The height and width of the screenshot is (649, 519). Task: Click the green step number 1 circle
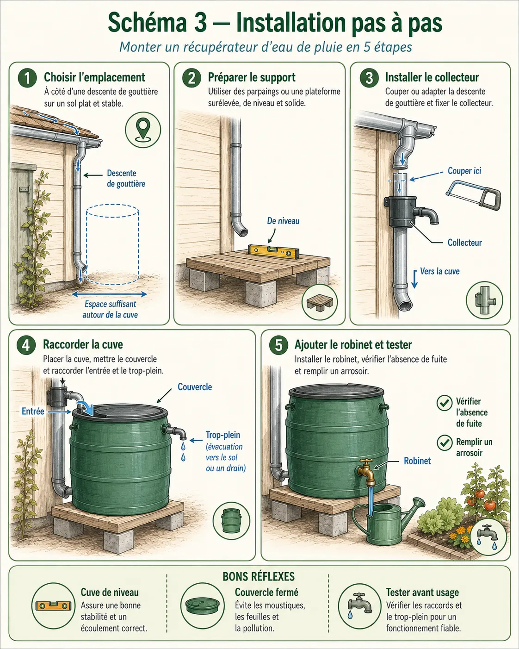click(x=27, y=78)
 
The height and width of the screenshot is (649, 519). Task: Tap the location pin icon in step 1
click(x=143, y=129)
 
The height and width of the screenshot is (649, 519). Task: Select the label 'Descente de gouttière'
click(x=126, y=179)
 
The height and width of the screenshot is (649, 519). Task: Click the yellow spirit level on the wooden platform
click(x=274, y=251)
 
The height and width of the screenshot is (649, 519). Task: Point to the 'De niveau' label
click(x=283, y=221)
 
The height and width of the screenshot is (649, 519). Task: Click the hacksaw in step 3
click(x=473, y=194)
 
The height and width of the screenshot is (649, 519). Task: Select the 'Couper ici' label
click(x=464, y=171)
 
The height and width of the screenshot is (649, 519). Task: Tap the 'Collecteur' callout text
click(x=464, y=243)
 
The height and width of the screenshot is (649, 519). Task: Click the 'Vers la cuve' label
click(x=440, y=271)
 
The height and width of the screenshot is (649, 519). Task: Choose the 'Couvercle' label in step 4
click(x=195, y=387)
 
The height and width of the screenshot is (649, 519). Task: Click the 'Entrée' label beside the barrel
click(x=33, y=412)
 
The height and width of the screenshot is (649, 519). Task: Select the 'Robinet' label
click(x=417, y=461)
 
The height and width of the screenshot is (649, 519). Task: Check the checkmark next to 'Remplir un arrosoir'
click(x=445, y=443)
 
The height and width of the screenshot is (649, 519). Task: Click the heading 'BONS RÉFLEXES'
click(x=259, y=577)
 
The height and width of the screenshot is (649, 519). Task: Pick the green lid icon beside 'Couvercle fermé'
click(x=203, y=606)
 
